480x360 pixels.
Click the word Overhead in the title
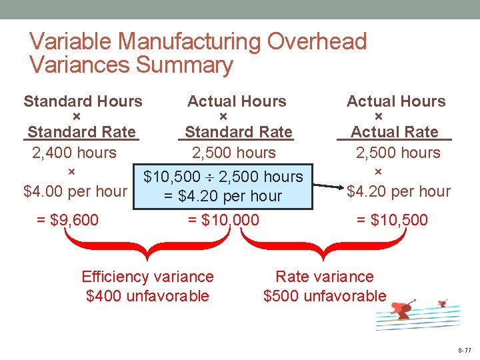pyautogui.click(x=317, y=41)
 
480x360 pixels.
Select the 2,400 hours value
pyautogui.click(x=74, y=153)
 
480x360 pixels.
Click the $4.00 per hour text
pyautogui.click(x=75, y=191)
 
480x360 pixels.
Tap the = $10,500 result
pyautogui.click(x=392, y=220)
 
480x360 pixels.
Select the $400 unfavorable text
pyautogui.click(x=147, y=295)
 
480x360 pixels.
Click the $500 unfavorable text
pyautogui.click(x=325, y=295)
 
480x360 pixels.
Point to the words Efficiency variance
pyautogui.click(x=147, y=277)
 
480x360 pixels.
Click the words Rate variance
pyautogui.click(x=325, y=277)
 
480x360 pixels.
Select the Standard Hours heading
pyautogui.click(x=83, y=101)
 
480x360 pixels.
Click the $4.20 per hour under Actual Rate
pyautogui.click(x=399, y=192)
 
